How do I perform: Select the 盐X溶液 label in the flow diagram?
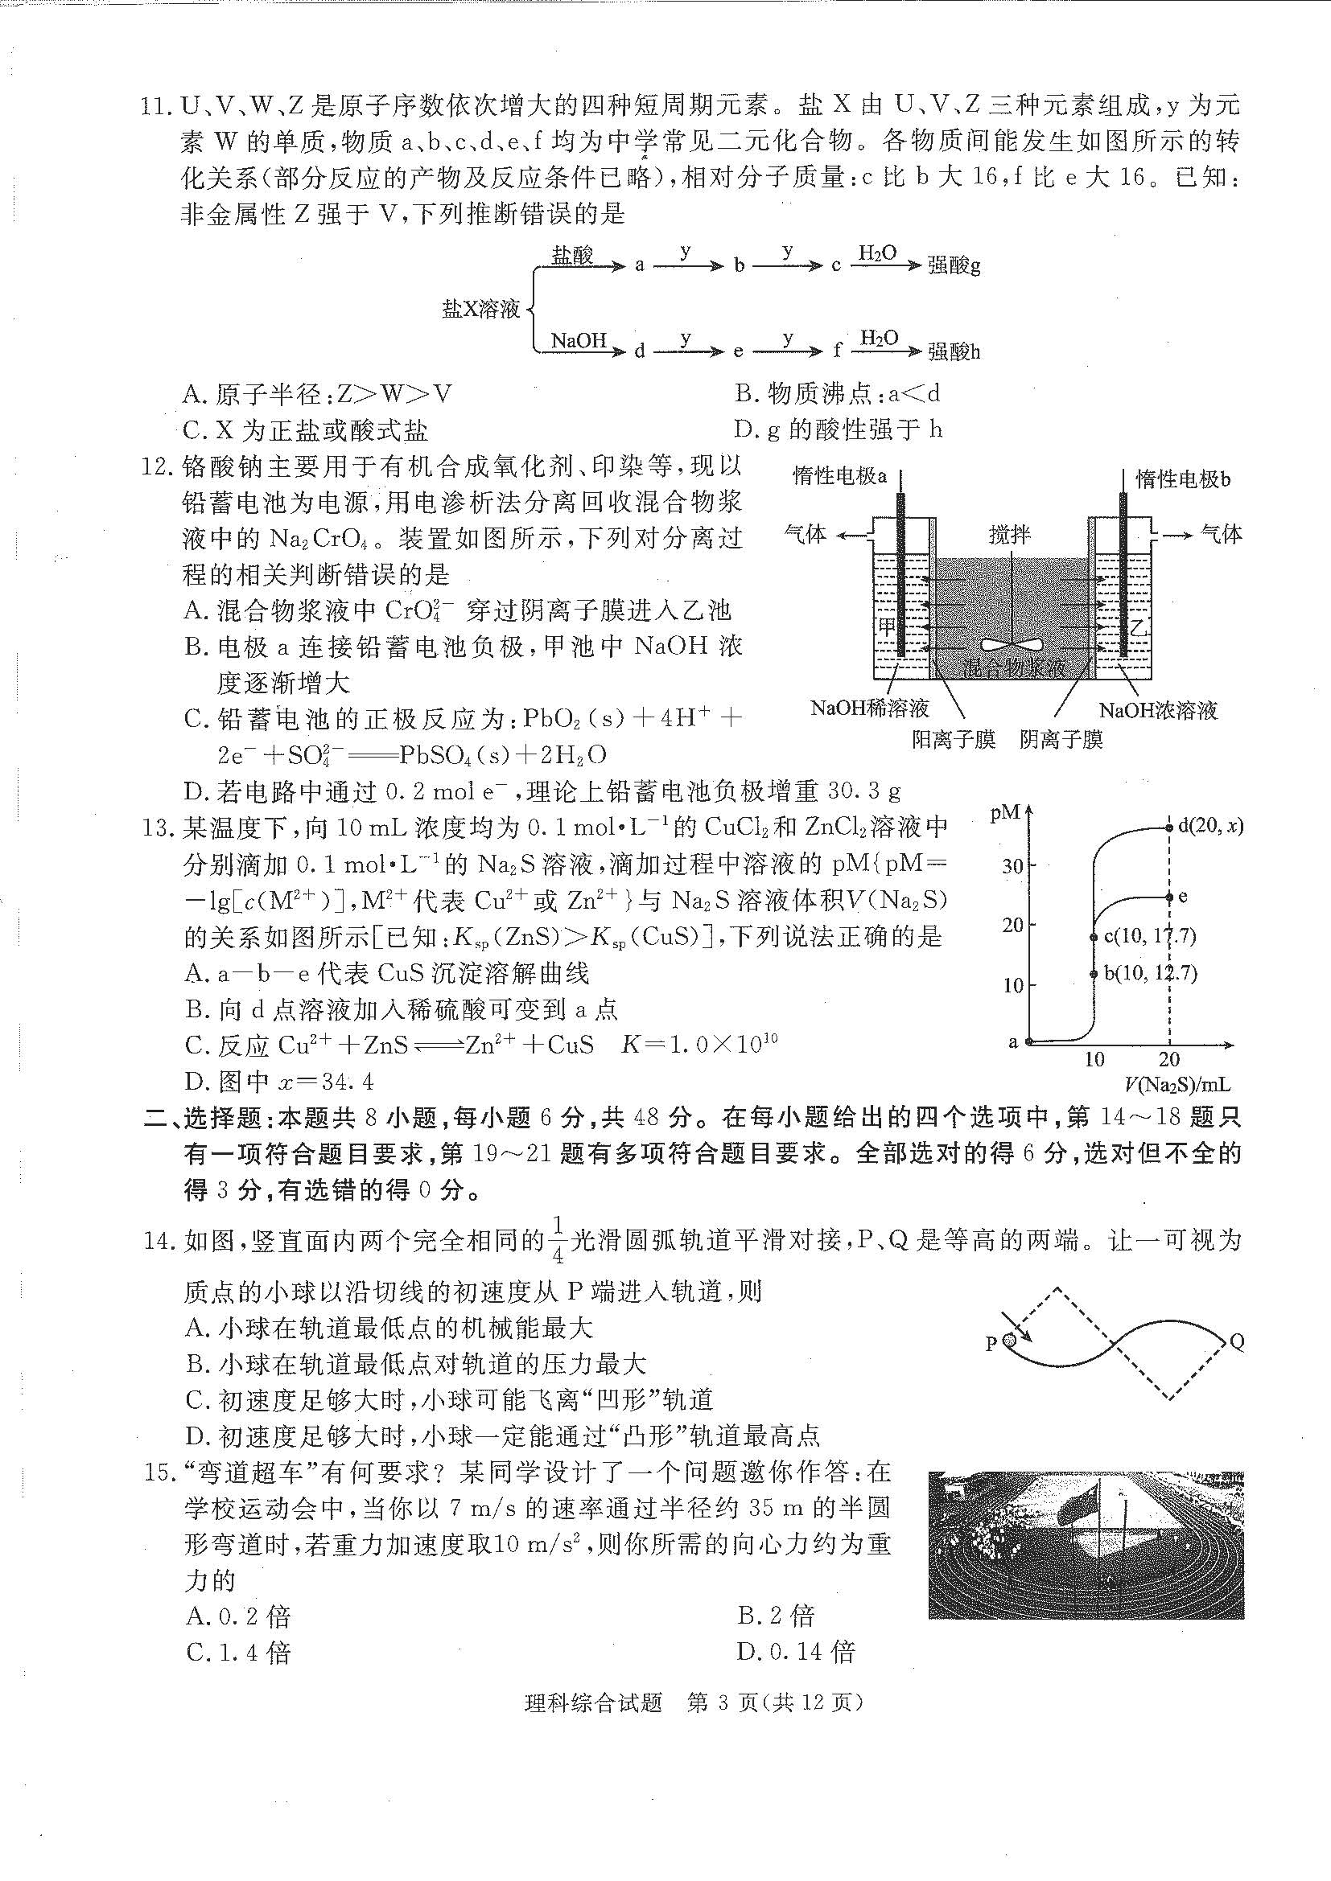(481, 309)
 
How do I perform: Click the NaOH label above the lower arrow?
(578, 340)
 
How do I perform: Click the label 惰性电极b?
(1183, 478)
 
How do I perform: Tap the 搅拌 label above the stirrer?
(1009, 534)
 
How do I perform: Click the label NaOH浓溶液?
(1157, 709)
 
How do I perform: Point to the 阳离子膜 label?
(953, 740)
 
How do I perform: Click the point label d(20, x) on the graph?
(1209, 826)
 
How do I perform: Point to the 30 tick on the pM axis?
(1012, 865)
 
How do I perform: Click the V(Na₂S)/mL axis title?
(1177, 1084)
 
